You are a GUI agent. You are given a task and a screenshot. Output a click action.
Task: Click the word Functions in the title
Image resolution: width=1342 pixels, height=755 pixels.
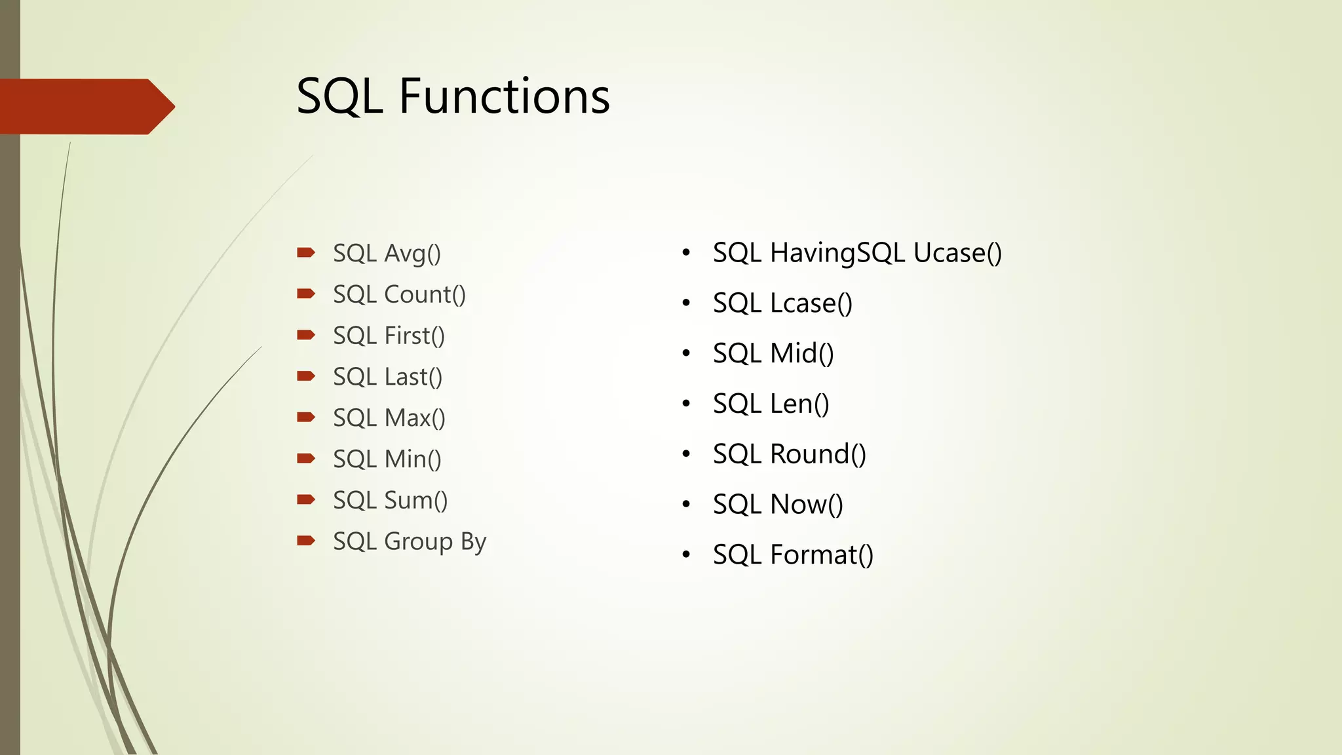(x=504, y=96)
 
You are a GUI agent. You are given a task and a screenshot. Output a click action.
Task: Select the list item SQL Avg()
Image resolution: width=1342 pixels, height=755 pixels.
(x=387, y=254)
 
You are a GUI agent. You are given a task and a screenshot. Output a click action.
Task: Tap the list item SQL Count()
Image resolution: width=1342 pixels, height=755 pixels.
(x=399, y=295)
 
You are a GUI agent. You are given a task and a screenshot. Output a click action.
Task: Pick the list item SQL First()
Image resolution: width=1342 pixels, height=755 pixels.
(x=389, y=336)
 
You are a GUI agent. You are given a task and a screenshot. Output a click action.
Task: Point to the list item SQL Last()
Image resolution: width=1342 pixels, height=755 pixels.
(x=387, y=377)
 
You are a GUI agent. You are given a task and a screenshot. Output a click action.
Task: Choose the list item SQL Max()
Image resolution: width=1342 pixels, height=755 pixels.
(x=389, y=418)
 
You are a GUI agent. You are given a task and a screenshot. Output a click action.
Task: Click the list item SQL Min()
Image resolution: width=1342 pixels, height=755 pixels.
(x=387, y=459)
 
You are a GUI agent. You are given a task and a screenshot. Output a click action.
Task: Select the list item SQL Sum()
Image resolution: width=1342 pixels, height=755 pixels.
(x=390, y=501)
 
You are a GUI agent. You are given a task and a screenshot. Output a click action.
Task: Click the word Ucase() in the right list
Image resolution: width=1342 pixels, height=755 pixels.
(x=957, y=253)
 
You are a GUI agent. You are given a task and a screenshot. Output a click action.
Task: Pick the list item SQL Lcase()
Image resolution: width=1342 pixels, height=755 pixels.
(x=782, y=303)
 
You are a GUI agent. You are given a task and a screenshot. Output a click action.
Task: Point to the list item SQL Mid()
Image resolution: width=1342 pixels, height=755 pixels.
(x=773, y=354)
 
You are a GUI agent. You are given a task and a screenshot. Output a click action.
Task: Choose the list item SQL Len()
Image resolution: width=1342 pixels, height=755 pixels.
(x=771, y=404)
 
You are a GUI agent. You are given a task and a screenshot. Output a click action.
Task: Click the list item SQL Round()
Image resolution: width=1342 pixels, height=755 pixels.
(x=789, y=454)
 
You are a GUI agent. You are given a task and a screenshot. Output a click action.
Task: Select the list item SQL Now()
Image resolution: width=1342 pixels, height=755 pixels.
(x=778, y=505)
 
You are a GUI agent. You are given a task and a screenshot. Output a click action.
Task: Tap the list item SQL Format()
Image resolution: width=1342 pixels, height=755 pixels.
(x=793, y=555)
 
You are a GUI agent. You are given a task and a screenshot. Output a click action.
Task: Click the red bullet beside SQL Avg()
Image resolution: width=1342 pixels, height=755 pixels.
(x=305, y=252)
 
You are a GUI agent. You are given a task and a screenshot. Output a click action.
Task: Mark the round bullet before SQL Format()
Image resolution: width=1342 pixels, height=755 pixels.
(x=686, y=555)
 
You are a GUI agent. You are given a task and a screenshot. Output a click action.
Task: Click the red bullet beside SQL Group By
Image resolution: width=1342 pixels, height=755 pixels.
(x=305, y=541)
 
